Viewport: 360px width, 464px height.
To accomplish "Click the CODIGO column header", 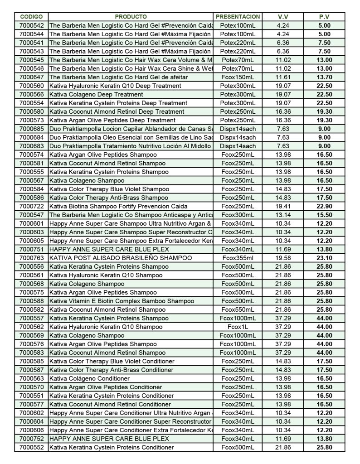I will [32, 17].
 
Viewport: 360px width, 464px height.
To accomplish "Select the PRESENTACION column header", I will [238, 17].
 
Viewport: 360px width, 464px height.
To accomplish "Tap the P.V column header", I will [324, 17].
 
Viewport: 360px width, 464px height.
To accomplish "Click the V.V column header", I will [283, 17].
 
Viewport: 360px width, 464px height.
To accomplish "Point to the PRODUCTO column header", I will [131, 17].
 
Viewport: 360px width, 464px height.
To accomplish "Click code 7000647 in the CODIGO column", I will [32, 77].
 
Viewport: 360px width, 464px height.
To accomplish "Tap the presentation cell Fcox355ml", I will [238, 258].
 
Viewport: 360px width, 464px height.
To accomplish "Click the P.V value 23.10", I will [324, 258].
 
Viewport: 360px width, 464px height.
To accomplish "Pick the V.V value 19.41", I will [283, 206].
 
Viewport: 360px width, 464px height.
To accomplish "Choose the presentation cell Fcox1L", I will [238, 327].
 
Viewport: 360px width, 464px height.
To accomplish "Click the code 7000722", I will [32, 206].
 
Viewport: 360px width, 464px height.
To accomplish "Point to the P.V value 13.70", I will [324, 77].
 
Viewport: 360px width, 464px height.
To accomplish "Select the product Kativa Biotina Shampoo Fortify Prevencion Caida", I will [118, 206].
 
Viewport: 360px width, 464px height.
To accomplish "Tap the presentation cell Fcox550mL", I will [238, 309].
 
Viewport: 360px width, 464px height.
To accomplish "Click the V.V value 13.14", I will [283, 215].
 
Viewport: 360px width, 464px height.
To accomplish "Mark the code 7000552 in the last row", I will [32, 447].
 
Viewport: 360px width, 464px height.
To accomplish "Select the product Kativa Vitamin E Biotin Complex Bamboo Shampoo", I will [122, 301].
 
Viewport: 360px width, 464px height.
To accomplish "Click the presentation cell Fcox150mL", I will [238, 77].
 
